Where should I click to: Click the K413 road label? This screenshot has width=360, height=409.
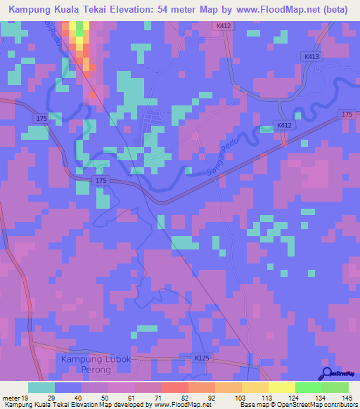pos(312,56)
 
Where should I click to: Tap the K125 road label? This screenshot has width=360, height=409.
pos(202,358)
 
